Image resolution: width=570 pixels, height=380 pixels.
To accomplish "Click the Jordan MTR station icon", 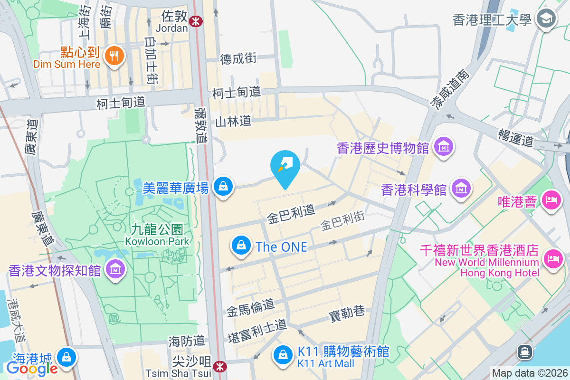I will (x=195, y=21).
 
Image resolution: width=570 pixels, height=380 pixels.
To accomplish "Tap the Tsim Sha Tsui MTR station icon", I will (x=219, y=366).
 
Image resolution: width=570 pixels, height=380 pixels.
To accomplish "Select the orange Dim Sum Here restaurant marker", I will (x=114, y=57).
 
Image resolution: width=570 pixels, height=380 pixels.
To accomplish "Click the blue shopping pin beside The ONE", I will (x=241, y=246).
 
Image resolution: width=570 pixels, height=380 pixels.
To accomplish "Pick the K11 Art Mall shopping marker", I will (x=283, y=355).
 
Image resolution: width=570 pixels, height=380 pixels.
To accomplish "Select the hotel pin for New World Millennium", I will (x=552, y=259).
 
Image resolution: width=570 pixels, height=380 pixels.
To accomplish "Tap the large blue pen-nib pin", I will (x=285, y=166).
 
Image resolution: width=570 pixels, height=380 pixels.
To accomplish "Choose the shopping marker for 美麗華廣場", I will (x=223, y=186).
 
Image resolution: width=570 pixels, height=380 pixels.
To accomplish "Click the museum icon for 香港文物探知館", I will (x=114, y=270).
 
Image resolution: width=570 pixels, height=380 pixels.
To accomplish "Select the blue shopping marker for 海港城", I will (x=66, y=357).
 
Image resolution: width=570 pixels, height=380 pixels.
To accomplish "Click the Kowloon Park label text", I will (x=157, y=241).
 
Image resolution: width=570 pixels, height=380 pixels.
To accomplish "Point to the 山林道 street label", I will (x=233, y=122).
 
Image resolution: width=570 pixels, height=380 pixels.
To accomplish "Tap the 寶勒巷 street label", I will (x=347, y=312).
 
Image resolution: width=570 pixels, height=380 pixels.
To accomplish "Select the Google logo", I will (x=32, y=368).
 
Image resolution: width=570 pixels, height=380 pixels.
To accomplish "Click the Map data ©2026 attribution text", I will (x=529, y=373).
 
